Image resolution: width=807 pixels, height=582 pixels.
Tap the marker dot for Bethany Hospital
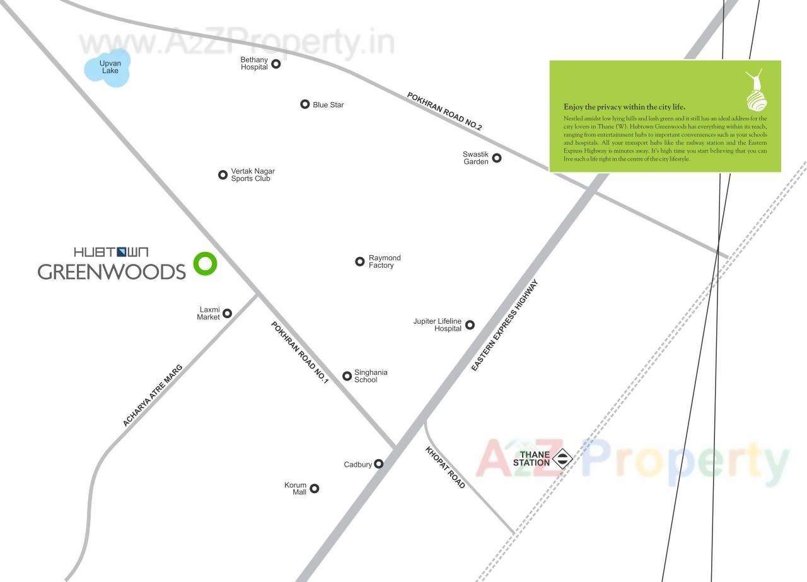click(276, 64)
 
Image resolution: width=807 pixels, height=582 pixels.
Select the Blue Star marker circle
click(305, 104)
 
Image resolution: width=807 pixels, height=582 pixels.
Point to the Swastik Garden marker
click(497, 157)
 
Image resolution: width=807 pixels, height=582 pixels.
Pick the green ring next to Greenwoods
click(205, 263)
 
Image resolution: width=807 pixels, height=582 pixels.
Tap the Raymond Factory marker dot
click(360, 261)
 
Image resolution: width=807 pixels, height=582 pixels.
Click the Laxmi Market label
click(209, 313)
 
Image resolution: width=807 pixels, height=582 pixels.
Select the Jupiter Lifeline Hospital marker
click(470, 325)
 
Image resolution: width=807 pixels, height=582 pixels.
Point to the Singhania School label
click(371, 376)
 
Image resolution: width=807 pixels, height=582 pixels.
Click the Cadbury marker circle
click(379, 464)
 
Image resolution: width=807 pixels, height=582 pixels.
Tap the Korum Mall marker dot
click(315, 488)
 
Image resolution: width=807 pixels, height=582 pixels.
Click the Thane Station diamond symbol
click(562, 459)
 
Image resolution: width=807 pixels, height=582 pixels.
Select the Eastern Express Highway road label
click(506, 325)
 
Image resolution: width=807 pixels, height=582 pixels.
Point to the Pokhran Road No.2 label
click(444, 111)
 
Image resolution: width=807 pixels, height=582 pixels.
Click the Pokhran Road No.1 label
click(300, 352)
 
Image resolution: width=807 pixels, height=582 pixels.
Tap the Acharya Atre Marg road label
click(153, 395)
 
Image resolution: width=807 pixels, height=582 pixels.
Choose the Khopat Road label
click(445, 467)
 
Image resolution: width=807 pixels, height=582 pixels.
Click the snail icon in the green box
click(756, 91)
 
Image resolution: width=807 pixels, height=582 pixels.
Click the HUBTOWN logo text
click(111, 252)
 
